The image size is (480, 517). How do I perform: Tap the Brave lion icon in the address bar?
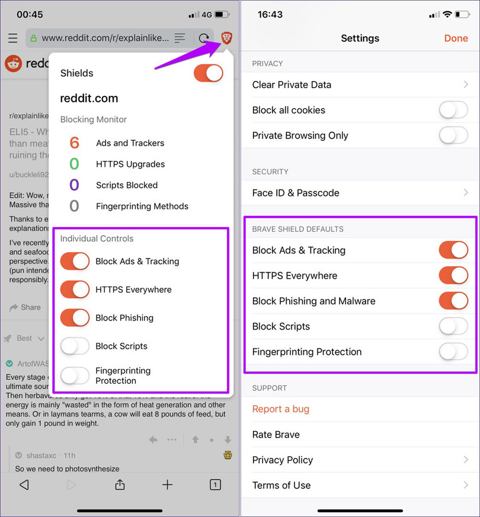pos(226,38)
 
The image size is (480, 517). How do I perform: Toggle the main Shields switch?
pos(208,73)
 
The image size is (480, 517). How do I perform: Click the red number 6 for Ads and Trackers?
pos(74,143)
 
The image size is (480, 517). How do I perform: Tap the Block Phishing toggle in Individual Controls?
pos(75,318)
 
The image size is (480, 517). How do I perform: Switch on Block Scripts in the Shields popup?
pos(75,346)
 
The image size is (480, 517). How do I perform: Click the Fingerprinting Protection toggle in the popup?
pos(75,376)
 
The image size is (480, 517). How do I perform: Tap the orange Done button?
pos(456,38)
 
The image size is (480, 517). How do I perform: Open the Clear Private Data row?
pos(360,85)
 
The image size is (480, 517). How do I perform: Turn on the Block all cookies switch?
pos(453,110)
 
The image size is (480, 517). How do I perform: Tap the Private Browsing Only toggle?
pos(453,135)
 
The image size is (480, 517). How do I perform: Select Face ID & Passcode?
pos(360,193)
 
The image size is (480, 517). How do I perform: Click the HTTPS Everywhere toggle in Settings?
pos(453,276)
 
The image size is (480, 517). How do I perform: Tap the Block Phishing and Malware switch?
pos(453,301)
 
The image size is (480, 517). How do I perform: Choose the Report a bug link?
pos(281,409)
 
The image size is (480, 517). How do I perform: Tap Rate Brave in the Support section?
pos(276,435)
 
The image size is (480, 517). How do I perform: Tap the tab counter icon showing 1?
pos(215,484)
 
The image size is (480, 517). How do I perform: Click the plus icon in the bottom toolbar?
pos(168,484)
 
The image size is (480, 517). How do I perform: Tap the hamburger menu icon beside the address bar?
pos(12,38)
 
